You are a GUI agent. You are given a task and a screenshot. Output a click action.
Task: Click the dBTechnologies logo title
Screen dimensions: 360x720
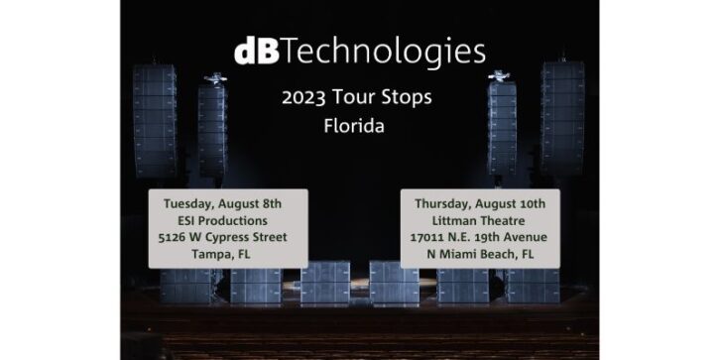click(359, 51)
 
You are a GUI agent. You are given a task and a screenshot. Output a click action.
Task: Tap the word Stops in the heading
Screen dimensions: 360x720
click(407, 101)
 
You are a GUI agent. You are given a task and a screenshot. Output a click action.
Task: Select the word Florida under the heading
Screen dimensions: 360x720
click(359, 128)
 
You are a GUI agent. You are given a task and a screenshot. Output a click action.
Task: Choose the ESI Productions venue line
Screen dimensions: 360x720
click(227, 220)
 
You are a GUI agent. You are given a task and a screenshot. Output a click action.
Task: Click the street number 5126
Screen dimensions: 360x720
click(180, 237)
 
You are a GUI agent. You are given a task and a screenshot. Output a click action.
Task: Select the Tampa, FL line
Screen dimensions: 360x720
click(227, 254)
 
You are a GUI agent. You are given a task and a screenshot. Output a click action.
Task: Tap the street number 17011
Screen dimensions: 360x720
click(428, 237)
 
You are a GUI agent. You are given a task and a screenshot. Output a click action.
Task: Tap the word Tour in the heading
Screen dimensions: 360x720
click(358, 101)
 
